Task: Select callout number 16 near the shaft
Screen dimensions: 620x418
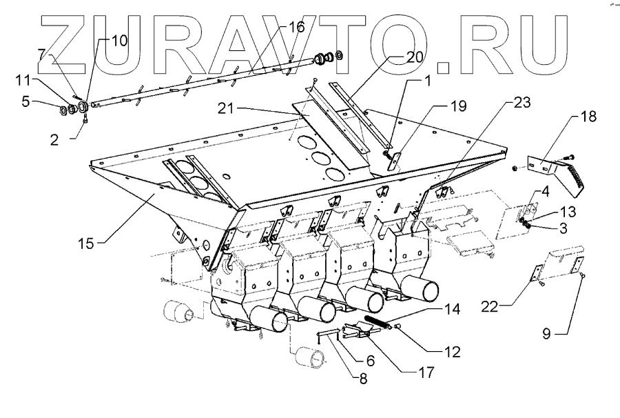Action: click(x=296, y=28)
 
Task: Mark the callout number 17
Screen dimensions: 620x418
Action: click(x=428, y=373)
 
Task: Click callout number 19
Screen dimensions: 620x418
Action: click(x=458, y=106)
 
